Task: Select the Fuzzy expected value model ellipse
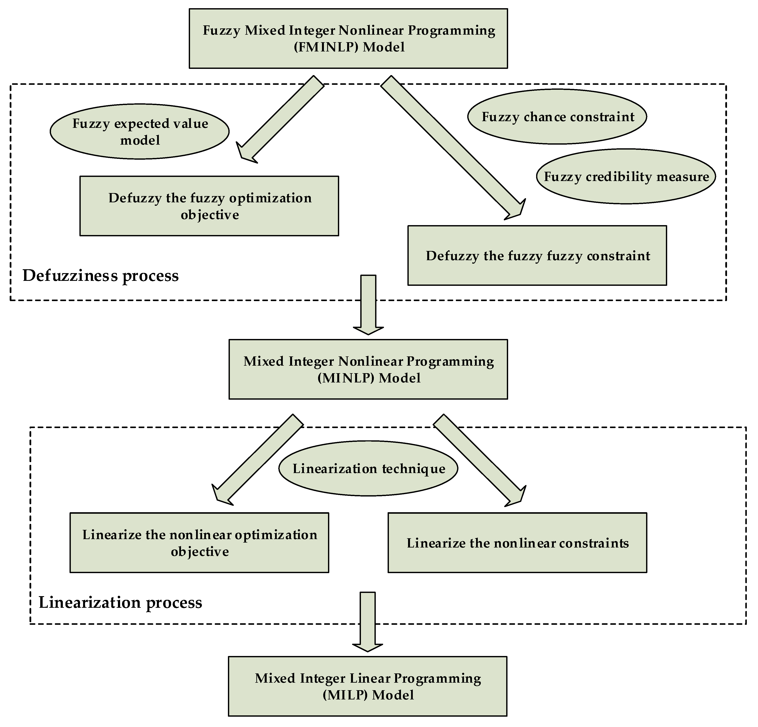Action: [140, 131]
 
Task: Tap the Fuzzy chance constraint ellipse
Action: [557, 117]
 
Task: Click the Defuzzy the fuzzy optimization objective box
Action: [209, 206]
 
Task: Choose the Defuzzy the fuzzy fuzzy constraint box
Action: [537, 256]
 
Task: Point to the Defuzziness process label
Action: [101, 276]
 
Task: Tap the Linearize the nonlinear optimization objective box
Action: [199, 543]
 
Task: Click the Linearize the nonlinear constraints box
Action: [517, 543]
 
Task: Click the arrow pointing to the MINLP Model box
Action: [368, 303]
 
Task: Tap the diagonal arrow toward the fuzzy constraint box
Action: [452, 147]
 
